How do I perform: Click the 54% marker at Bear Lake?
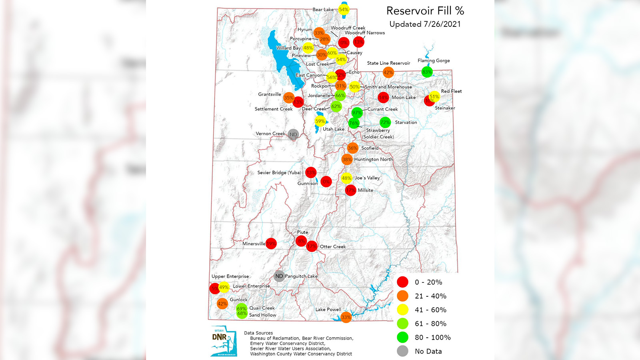pyautogui.click(x=344, y=10)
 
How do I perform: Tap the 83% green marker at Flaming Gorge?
pyautogui.click(x=427, y=72)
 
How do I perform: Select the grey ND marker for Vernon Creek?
pyautogui.click(x=293, y=134)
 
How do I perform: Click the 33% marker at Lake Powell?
pyautogui.click(x=346, y=317)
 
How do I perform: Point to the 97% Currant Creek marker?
pyautogui.click(x=357, y=113)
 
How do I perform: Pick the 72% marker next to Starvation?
pyautogui.click(x=385, y=122)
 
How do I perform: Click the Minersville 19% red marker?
pyautogui.click(x=271, y=244)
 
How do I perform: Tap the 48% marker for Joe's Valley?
pyautogui.click(x=346, y=178)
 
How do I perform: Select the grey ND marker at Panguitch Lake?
pyautogui.click(x=279, y=276)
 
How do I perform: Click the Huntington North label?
pyautogui.click(x=373, y=159)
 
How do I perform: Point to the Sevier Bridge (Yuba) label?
pyautogui.click(x=279, y=172)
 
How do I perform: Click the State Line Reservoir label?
pyautogui.click(x=388, y=63)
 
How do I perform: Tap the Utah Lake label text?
pyautogui.click(x=333, y=129)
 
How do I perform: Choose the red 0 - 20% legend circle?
pyautogui.click(x=402, y=282)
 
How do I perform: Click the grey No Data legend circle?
pyautogui.click(x=402, y=351)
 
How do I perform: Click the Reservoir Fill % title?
pyautogui.click(x=425, y=11)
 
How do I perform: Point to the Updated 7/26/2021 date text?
pyautogui.click(x=425, y=24)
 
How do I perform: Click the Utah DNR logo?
pyautogui.click(x=224, y=341)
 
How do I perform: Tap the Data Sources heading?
pyautogui.click(x=258, y=333)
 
